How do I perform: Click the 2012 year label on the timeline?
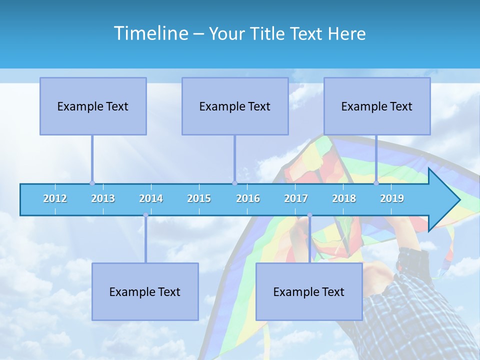pos(55,198)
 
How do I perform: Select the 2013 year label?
pos(103,198)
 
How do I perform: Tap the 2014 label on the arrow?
pos(151,198)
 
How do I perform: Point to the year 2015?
pos(199,198)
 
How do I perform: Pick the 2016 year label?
pos(248,198)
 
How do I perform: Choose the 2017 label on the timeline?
pos(296,198)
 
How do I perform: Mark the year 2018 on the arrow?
pos(344,198)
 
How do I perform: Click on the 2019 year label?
pos(392,198)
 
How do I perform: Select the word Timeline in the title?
pos(150,33)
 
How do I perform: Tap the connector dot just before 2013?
pos(92,183)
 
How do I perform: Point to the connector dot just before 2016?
pos(234,183)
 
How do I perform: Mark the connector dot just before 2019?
pos(376,183)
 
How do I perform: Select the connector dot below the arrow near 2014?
pos(145,215)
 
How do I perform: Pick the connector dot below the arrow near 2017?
pos(309,215)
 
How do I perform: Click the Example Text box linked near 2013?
pos(93,106)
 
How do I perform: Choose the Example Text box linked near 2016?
pos(235,106)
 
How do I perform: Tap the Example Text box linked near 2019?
pos(377,106)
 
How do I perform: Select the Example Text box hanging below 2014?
pos(145,291)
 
